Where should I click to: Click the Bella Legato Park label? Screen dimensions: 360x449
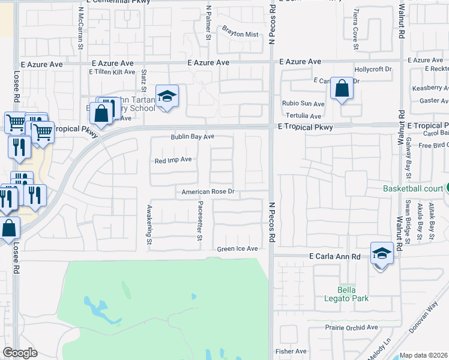click(344, 293)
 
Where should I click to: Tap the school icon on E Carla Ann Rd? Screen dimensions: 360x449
click(381, 253)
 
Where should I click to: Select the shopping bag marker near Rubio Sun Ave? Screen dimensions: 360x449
click(342, 89)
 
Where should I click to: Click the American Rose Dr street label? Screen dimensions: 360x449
click(208, 193)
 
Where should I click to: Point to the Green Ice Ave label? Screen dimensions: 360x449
click(237, 249)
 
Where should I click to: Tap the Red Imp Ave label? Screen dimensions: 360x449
click(173, 160)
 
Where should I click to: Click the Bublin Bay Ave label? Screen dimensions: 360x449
click(192, 137)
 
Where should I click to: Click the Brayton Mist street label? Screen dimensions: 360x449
click(240, 34)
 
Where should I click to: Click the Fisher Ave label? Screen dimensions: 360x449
click(291, 351)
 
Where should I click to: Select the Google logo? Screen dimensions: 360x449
click(20, 353)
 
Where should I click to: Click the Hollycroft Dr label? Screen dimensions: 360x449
click(373, 70)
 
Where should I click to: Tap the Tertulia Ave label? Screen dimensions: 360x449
click(303, 116)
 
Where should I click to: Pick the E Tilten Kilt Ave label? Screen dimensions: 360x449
click(112, 72)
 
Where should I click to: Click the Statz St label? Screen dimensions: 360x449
click(144, 81)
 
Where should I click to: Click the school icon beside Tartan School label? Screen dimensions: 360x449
click(167, 96)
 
